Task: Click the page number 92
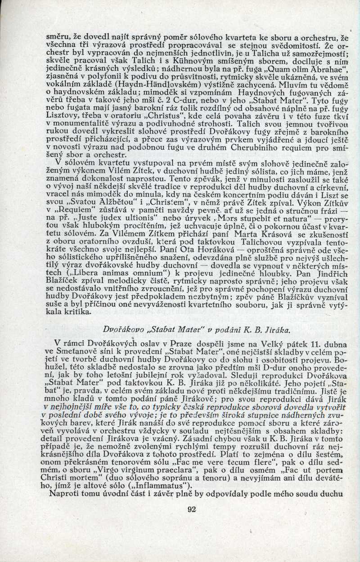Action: (192, 509)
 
